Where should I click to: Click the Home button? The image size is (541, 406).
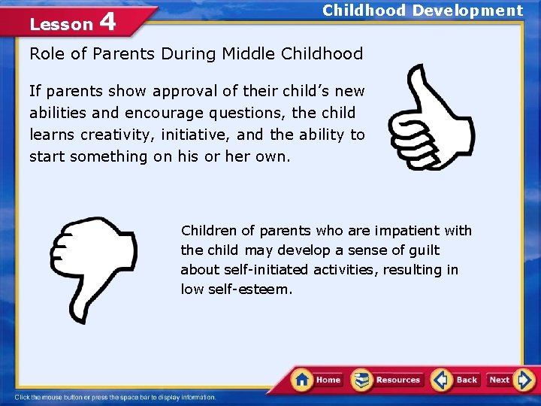(319, 380)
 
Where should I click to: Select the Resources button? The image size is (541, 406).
(388, 380)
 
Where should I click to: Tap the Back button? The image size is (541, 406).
(456, 380)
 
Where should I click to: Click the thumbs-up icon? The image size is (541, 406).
(428, 117)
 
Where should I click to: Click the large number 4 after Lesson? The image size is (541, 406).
(107, 22)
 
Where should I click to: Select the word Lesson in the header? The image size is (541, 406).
(60, 24)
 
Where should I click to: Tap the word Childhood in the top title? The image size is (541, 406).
(364, 11)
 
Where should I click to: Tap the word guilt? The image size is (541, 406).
(424, 250)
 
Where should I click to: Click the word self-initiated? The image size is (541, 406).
(270, 270)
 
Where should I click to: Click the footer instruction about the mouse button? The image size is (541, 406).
(115, 397)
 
